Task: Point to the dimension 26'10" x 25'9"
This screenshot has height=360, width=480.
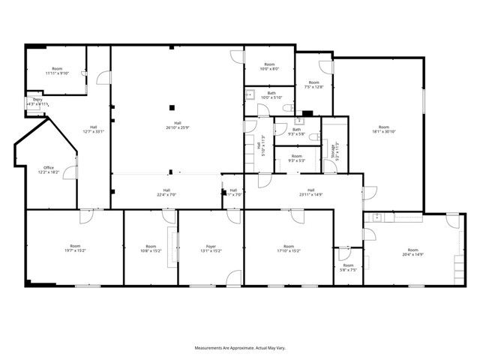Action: point(178,127)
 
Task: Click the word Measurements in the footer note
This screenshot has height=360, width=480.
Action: point(211,349)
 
